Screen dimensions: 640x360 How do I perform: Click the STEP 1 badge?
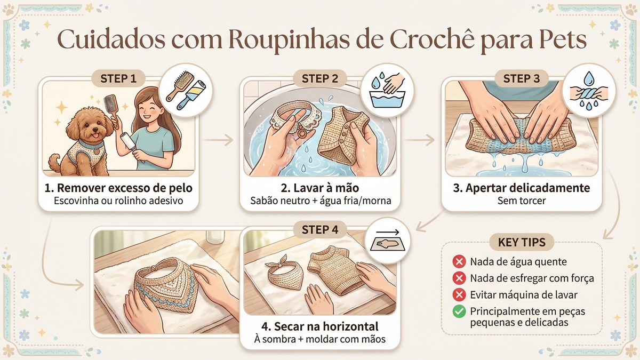pyautogui.click(x=118, y=78)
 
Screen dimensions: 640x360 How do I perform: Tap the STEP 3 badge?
pyautogui.click(x=522, y=78)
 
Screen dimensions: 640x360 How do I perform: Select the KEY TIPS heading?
pyautogui.click(x=522, y=242)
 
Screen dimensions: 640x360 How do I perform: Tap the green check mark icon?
pyautogui.click(x=459, y=311)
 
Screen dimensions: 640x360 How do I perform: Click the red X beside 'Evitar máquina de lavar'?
pyautogui.click(x=459, y=294)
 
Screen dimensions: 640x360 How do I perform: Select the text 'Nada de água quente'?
pyautogui.click(x=518, y=262)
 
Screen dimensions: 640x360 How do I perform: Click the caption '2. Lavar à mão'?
pyautogui.click(x=319, y=188)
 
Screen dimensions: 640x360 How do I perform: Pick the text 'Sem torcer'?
pyautogui.click(x=522, y=201)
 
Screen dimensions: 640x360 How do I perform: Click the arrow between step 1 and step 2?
pyautogui.click(x=219, y=140)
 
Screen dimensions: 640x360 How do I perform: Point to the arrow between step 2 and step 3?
pyautogui.click(x=420, y=140)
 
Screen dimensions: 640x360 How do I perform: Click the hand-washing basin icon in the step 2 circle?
pyautogui.click(x=387, y=90)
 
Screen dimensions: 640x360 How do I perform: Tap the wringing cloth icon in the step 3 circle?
pyautogui.click(x=589, y=91)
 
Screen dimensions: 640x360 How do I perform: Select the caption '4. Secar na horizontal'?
pyautogui.click(x=319, y=326)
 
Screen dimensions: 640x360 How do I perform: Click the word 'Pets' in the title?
pyautogui.click(x=561, y=40)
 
